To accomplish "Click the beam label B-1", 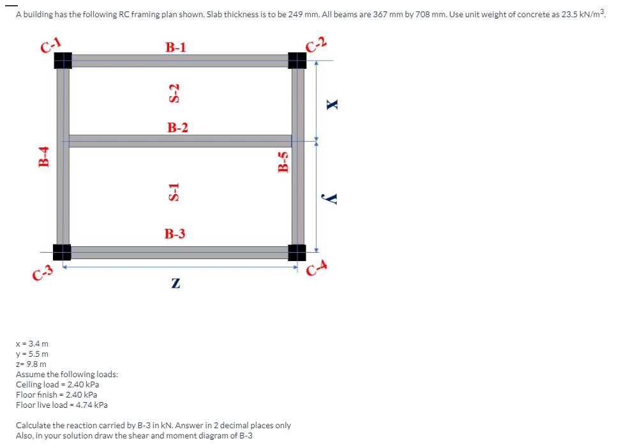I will click(x=175, y=47).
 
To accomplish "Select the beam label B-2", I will click(x=178, y=128).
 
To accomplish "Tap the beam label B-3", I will click(x=175, y=234).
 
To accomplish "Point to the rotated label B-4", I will click(x=44, y=156).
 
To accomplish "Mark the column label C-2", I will click(x=316, y=43).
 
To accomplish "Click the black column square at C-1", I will click(x=63, y=60).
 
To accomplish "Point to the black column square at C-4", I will click(x=297, y=252).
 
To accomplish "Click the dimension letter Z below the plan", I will click(x=175, y=283).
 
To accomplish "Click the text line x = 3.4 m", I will click(x=32, y=344).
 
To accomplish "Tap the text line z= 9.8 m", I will click(x=31, y=364).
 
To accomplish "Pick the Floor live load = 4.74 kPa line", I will click(x=62, y=405).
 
